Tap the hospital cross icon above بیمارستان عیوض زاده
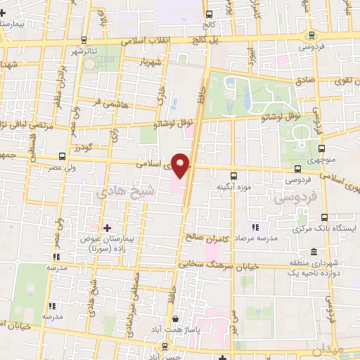[107, 229]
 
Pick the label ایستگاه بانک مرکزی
[333, 230]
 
